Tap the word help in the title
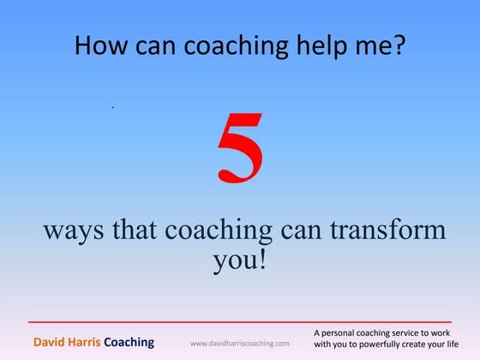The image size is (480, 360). coord(308,45)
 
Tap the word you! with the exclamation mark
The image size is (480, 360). coord(240,260)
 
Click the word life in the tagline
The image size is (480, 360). coord(464,344)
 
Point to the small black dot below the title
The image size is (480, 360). coord(112,107)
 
